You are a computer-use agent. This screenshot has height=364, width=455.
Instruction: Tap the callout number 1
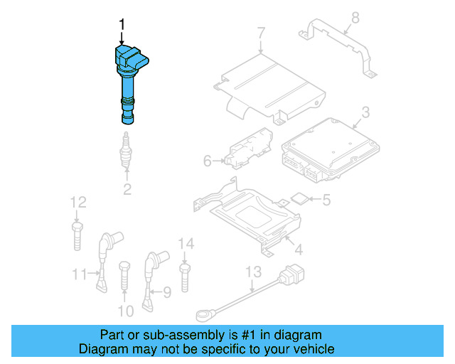[122, 26]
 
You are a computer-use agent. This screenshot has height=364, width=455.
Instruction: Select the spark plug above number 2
[127, 151]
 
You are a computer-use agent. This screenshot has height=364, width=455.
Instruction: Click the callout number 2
[127, 189]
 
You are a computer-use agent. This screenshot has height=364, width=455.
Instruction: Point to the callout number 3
[365, 112]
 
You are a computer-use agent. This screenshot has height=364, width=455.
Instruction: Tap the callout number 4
[299, 250]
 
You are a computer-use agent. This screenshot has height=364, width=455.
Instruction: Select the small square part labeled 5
[300, 200]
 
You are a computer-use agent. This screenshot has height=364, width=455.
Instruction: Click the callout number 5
[326, 200]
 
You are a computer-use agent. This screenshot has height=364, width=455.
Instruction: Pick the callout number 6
[208, 161]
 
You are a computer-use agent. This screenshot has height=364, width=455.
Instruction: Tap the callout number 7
[261, 33]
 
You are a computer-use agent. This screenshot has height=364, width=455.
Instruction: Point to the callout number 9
[167, 291]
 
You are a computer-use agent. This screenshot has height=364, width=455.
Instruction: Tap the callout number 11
[79, 273]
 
